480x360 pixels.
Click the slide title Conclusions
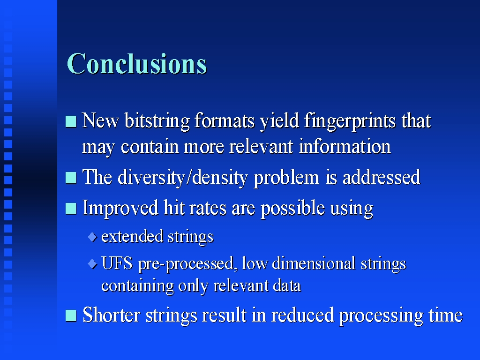click(137, 64)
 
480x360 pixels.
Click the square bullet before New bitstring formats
click(71, 121)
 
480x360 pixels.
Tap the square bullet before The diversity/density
click(71, 178)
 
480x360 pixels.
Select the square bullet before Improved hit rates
click(71, 209)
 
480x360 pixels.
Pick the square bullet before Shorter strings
click(71, 316)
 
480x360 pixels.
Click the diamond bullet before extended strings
click(92, 237)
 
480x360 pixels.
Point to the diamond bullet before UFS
click(92, 264)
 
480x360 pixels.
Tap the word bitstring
click(157, 121)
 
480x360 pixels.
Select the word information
click(345, 146)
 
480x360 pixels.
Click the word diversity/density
click(182, 178)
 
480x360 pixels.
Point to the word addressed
click(382, 177)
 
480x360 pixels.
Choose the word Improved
click(120, 209)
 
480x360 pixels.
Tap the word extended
click(132, 236)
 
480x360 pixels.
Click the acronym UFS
click(117, 263)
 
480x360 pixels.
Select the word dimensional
click(314, 263)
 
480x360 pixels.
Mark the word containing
click(137, 286)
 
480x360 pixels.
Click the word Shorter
click(112, 315)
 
